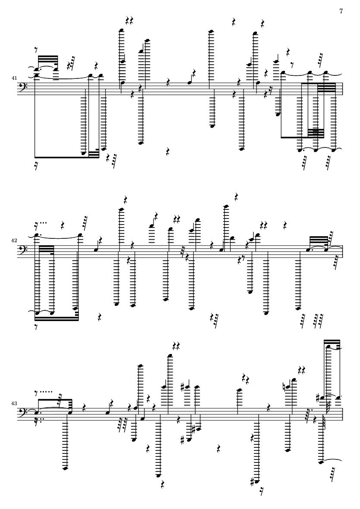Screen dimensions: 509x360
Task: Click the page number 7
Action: click(341, 11)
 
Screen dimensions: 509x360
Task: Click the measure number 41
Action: click(15, 78)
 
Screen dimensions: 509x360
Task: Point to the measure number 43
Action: click(15, 403)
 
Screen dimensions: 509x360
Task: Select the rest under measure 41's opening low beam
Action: click(38, 165)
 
